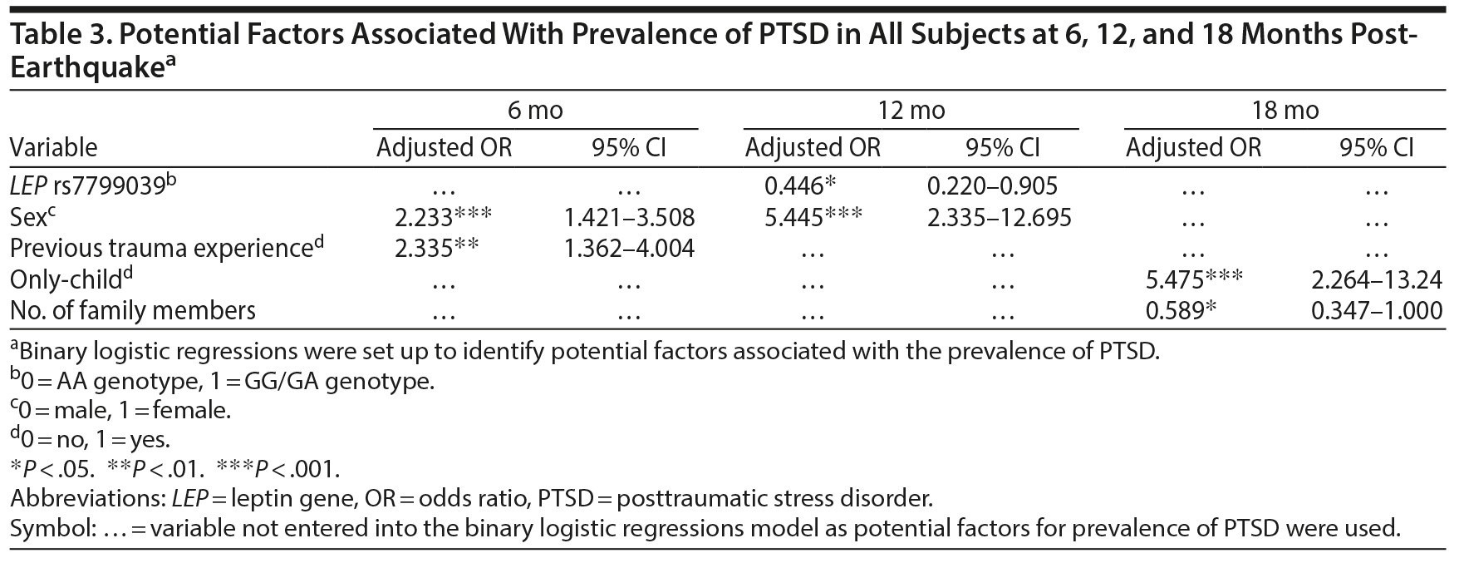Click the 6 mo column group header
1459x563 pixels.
pyautogui.click(x=535, y=111)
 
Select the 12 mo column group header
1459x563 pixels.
pyautogui.click(x=911, y=111)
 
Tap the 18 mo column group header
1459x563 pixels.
pyautogui.click(x=1285, y=111)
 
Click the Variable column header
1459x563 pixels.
pyautogui.click(x=53, y=148)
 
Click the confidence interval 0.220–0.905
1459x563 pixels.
pyautogui.click(x=991, y=187)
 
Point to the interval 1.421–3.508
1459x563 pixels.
pyautogui.click(x=629, y=218)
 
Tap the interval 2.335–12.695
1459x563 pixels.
pyautogui.click(x=999, y=218)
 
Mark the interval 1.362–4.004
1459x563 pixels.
pyautogui.click(x=629, y=249)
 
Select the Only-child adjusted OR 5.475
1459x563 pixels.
pyautogui.click(x=1175, y=279)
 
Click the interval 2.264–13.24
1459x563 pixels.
pyautogui.click(x=1376, y=279)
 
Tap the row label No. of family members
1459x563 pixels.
pyautogui.click(x=133, y=310)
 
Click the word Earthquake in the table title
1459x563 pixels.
pyautogui.click(x=85, y=69)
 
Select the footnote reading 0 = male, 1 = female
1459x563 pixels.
pyautogui.click(x=120, y=410)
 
